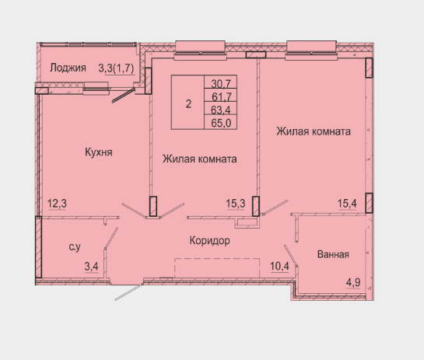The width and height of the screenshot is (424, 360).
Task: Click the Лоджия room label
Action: (68, 68)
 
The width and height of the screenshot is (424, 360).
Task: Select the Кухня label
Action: (99, 152)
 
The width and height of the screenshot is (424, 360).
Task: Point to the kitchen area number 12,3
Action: (57, 203)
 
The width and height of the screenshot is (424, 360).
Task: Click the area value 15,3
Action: (236, 203)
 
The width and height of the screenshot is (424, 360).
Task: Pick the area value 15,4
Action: (347, 203)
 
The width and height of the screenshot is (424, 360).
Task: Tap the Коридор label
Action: (210, 240)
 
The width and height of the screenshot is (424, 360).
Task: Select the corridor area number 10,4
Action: (279, 266)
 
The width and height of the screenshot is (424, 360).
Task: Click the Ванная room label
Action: (333, 254)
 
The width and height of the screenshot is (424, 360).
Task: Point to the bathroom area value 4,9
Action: (353, 283)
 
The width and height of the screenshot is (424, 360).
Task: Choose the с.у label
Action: (75, 246)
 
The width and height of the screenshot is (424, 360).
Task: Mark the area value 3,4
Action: (91, 267)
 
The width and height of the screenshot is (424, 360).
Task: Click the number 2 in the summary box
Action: (188, 103)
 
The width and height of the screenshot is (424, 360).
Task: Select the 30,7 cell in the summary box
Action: (221, 84)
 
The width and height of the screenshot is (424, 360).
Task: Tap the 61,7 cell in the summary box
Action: (221, 96)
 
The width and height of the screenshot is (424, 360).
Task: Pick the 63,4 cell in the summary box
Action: (221, 110)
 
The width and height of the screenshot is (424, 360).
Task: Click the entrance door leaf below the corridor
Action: (128, 292)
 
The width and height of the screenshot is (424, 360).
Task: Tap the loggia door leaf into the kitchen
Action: (124, 95)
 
